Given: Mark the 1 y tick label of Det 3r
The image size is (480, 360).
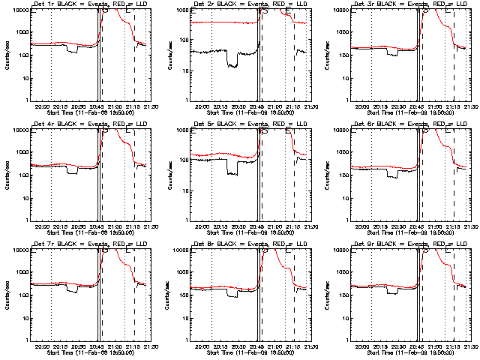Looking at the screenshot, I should tap(346, 100).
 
